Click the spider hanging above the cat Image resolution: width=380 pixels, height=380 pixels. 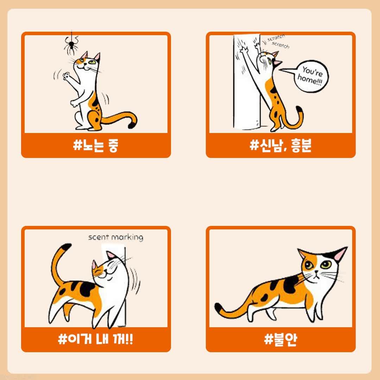[71, 45]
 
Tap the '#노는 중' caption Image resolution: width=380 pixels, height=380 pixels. [95, 145]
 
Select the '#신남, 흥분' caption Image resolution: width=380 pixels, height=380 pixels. [280, 145]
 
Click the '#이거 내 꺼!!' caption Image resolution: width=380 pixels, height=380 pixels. [95, 339]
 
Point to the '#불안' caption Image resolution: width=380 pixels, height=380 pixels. [280, 339]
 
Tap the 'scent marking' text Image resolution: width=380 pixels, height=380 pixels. [116, 237]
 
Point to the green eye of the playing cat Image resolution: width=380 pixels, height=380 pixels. [92, 62]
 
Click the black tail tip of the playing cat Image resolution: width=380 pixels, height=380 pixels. [132, 125]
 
